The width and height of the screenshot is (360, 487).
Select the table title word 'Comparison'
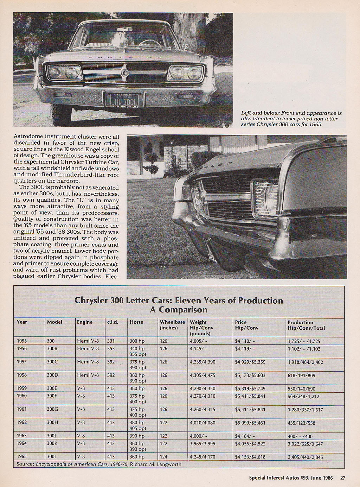(179, 310)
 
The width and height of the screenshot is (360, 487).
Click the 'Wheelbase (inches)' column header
(172, 325)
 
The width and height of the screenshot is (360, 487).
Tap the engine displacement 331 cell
(111, 341)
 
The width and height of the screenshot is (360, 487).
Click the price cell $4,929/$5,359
(250, 362)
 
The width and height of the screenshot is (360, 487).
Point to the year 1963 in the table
(22, 436)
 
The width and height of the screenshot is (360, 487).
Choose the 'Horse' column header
(136, 322)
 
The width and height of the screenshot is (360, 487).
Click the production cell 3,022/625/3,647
(305, 444)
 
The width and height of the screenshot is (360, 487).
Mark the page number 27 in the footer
(343, 477)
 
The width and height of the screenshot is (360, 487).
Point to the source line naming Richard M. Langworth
(99, 464)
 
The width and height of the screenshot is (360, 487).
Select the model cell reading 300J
(52, 436)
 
